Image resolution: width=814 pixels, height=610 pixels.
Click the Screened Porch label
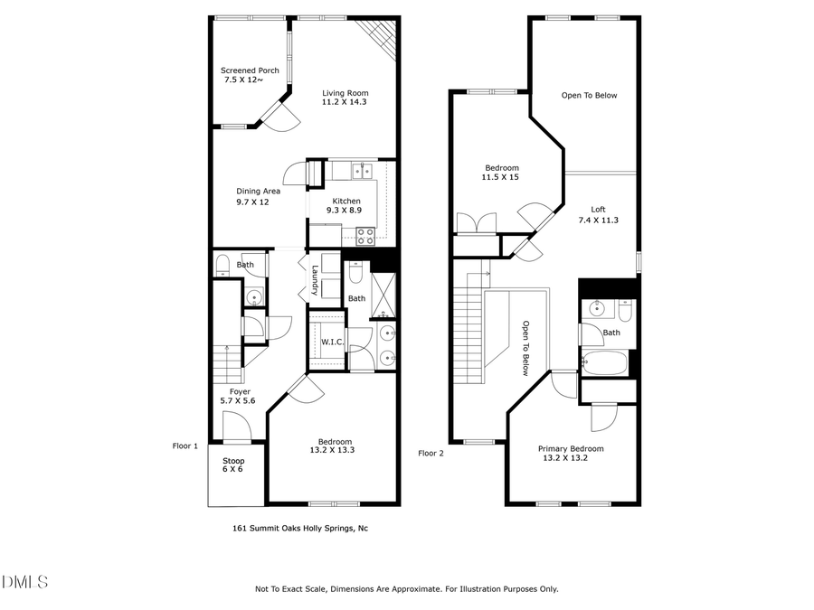[250, 70]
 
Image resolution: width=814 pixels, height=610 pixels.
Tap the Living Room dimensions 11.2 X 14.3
[345, 102]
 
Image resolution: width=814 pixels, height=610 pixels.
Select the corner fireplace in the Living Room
[378, 36]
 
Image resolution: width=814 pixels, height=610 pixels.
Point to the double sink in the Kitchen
[362, 170]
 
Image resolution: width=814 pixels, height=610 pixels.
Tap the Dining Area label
[258, 191]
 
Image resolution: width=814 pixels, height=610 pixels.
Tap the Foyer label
[240, 391]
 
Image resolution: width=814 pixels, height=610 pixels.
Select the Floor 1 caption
[185, 446]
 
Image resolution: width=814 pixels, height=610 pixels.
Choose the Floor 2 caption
[431, 454]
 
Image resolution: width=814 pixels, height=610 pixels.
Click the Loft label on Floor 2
[598, 209]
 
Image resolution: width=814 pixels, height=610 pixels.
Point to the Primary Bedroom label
[570, 448]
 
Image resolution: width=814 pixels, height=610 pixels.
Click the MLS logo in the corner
[24, 581]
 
